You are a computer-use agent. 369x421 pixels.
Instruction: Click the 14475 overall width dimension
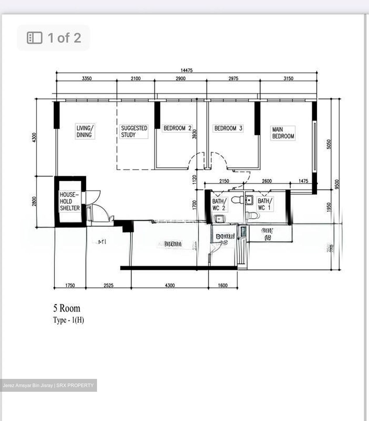click(186, 70)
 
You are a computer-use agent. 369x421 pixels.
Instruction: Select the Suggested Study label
click(134, 131)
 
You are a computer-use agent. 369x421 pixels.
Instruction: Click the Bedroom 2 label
click(177, 128)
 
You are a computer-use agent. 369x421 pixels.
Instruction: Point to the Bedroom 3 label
click(228, 128)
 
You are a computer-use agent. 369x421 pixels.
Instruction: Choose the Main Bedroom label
click(283, 133)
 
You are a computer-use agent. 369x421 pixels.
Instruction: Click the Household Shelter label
click(70, 201)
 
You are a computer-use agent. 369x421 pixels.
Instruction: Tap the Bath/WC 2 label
click(219, 205)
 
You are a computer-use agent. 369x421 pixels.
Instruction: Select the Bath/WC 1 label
click(265, 204)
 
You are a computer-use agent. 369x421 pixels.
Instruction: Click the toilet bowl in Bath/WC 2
click(237, 200)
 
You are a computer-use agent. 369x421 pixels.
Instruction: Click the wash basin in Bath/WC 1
click(249, 200)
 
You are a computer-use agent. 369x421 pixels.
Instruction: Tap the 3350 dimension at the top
click(87, 78)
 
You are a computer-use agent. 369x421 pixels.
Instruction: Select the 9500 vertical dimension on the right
click(337, 185)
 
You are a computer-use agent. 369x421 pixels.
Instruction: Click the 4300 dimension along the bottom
click(169, 285)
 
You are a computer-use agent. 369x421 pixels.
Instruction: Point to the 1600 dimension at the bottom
click(223, 285)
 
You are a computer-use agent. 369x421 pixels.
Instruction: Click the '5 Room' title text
click(67, 308)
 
